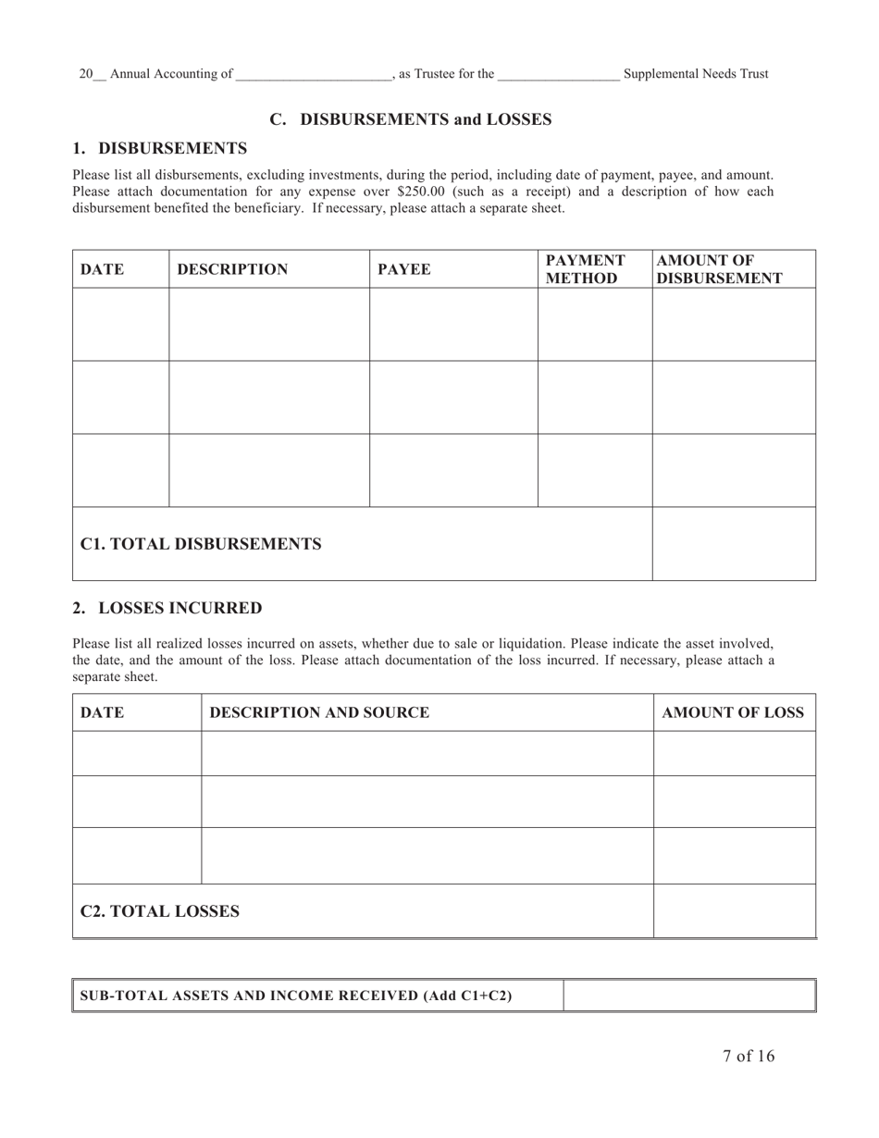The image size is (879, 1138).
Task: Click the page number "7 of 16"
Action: click(749, 1057)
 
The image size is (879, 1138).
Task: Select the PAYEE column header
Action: click(404, 269)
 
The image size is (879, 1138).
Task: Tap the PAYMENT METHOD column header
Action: click(585, 269)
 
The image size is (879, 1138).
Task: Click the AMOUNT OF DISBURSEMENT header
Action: click(719, 269)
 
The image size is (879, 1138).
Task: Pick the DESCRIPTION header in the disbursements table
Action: click(232, 269)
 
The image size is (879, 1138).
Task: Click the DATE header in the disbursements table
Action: click(102, 269)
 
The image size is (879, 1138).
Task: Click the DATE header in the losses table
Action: click(102, 712)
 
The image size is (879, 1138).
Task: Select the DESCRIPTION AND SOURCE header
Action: click(319, 712)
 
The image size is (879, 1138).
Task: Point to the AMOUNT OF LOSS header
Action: click(733, 712)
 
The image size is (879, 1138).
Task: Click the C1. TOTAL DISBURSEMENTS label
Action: click(201, 544)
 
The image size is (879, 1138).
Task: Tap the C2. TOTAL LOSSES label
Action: click(160, 911)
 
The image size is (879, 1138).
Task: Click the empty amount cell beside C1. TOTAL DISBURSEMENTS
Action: click(734, 544)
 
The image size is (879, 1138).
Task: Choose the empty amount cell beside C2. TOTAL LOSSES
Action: click(734, 911)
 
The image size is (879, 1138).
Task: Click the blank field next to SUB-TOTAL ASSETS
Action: click(688, 996)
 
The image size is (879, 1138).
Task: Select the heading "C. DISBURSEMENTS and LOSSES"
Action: click(411, 119)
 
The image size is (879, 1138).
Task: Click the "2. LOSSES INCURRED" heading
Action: click(167, 608)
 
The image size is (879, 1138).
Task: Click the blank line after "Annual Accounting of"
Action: click(314, 75)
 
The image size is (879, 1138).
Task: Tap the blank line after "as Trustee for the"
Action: click(558, 75)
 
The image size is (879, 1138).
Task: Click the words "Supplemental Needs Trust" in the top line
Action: click(696, 74)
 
